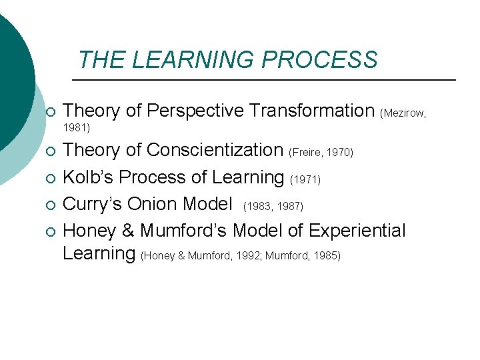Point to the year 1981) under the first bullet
76,127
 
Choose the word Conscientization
215,151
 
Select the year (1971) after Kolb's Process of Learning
306,180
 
